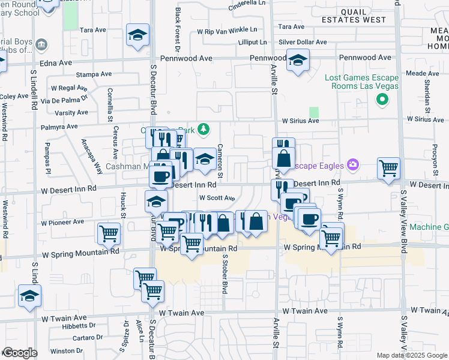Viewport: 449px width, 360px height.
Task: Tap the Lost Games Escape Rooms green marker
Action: [x=381, y=100]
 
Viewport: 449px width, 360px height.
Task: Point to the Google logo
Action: [x=19, y=353]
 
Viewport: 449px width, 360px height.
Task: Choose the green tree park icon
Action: [x=204, y=129]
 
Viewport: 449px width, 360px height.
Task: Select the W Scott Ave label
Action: [x=217, y=197]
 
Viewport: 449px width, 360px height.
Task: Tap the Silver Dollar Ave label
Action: [x=303, y=42]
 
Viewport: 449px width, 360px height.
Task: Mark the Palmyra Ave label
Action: [x=59, y=127]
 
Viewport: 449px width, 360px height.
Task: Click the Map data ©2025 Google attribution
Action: [x=412, y=355]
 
